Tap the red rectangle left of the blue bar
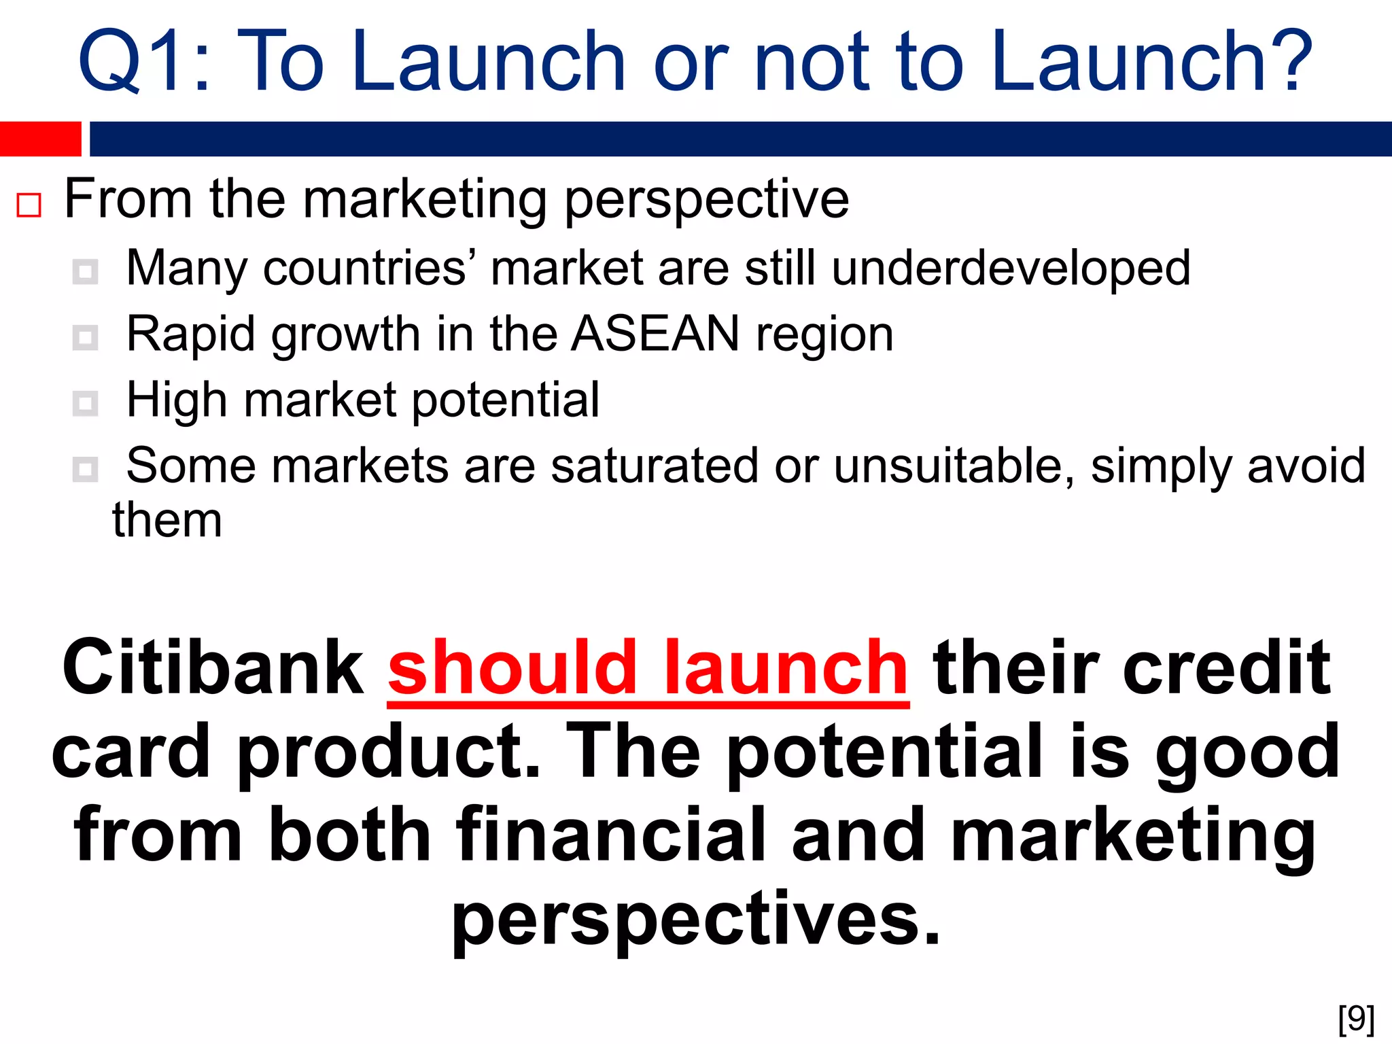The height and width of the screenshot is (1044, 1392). coord(40,139)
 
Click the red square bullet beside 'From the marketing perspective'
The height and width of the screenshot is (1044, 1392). coord(29,205)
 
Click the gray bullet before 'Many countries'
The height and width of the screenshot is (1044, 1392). coord(85,272)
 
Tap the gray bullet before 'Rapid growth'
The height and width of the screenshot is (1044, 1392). coord(85,337)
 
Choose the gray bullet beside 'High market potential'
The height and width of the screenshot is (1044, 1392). coord(85,403)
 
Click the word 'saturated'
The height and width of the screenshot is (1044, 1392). coord(654,466)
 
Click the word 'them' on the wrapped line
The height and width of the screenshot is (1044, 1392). coord(167,521)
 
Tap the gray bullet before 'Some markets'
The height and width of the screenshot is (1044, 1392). coord(85,469)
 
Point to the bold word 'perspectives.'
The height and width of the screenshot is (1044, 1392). coord(696,919)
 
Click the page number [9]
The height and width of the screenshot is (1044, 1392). coord(1356,1019)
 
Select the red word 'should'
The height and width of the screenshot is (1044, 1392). coord(512,669)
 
